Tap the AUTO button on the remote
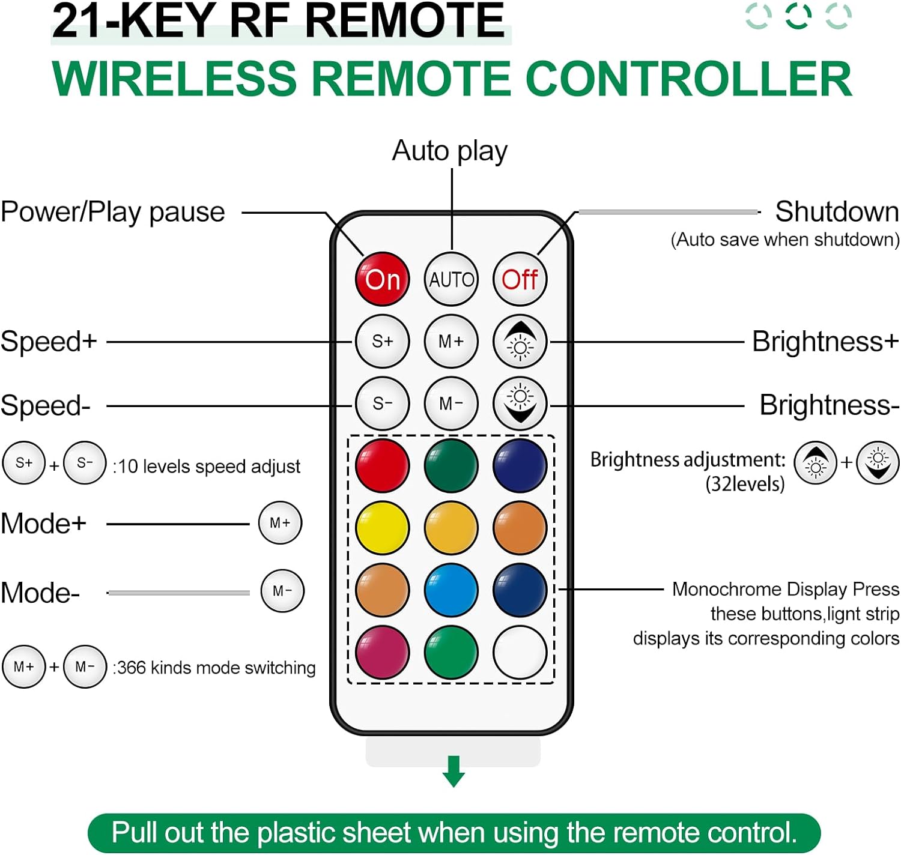451,279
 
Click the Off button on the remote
520,279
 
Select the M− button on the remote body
451,403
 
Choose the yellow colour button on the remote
383,528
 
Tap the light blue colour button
451,590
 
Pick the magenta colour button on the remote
383,652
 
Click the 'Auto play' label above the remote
449,151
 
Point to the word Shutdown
837,212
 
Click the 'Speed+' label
49,342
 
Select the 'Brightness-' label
829,405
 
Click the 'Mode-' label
40,593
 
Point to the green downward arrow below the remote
454,772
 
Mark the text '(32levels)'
745,484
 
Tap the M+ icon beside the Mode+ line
280,523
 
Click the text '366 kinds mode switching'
216,668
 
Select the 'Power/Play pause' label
113,212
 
